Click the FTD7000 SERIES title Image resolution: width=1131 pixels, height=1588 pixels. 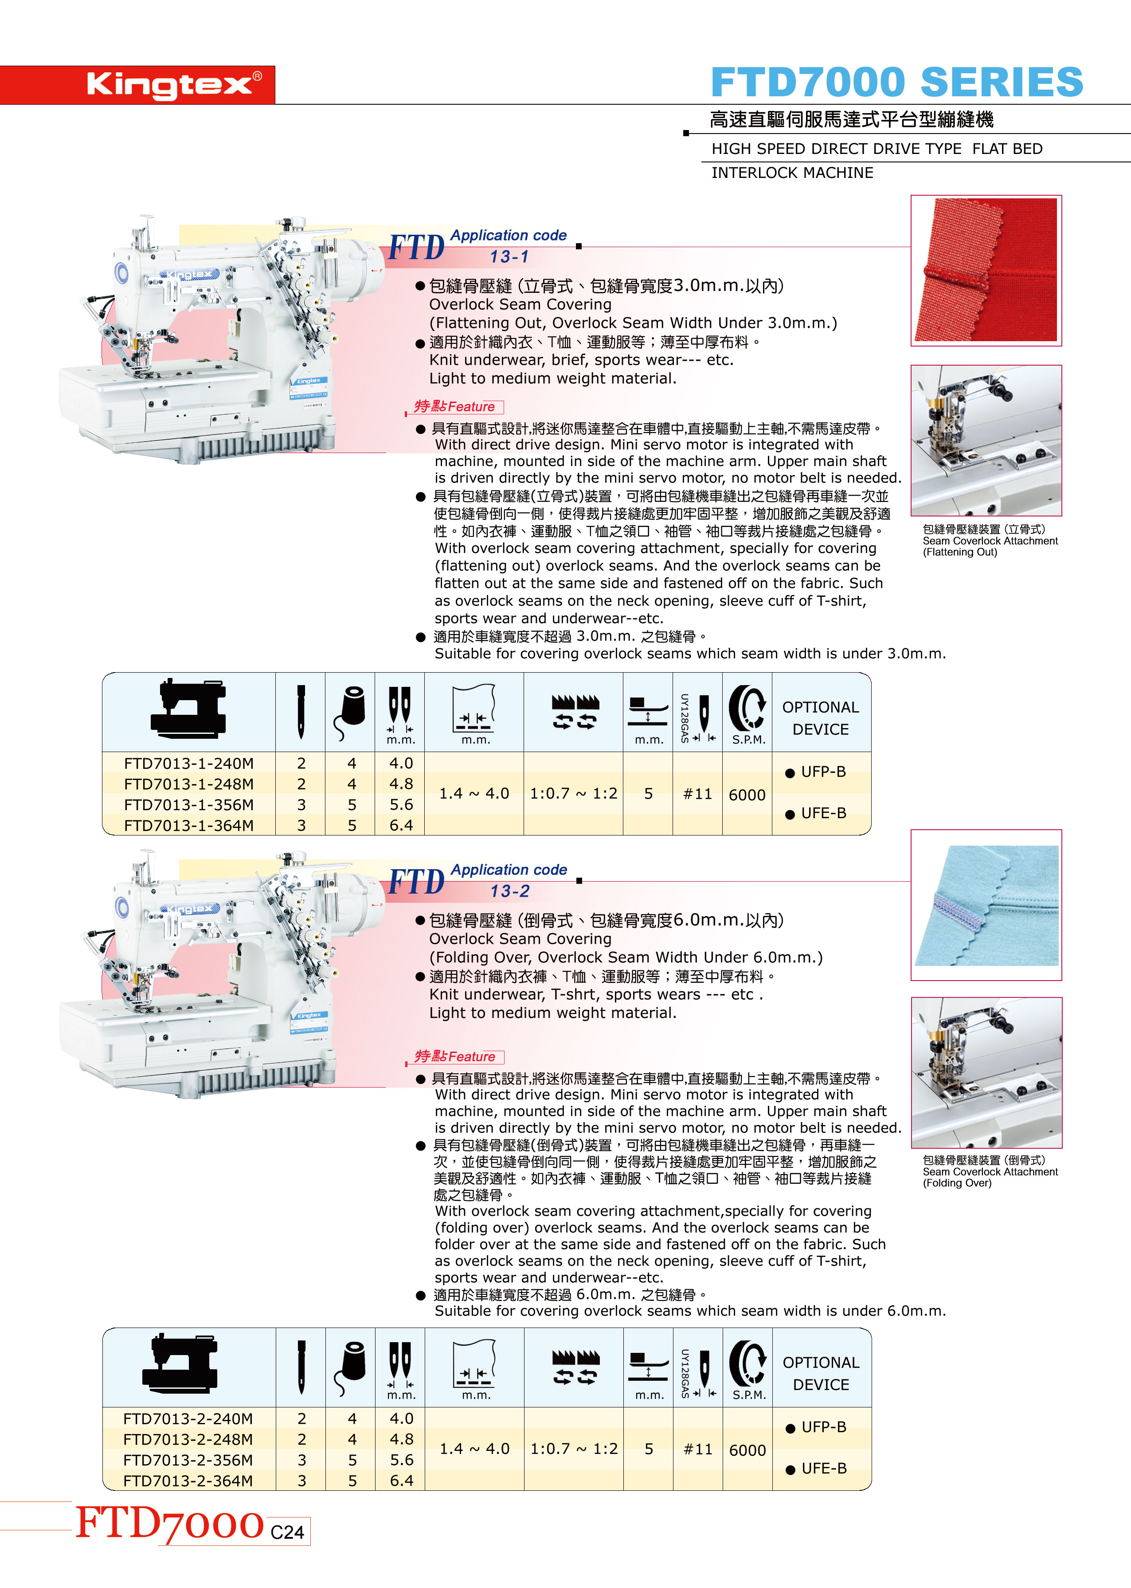(x=897, y=82)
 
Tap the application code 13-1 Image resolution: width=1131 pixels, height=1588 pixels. (x=509, y=257)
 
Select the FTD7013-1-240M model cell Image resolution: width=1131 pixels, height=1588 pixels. (x=189, y=764)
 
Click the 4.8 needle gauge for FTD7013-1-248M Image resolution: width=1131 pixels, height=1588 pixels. (x=401, y=784)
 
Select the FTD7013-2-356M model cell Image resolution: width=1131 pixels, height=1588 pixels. (x=188, y=1460)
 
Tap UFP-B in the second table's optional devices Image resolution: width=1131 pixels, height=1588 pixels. (x=816, y=1427)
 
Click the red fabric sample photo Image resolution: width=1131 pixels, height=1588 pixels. (x=986, y=270)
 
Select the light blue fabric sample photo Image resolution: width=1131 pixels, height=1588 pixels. (x=986, y=905)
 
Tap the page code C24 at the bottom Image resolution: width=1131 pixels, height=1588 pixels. (x=288, y=1532)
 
